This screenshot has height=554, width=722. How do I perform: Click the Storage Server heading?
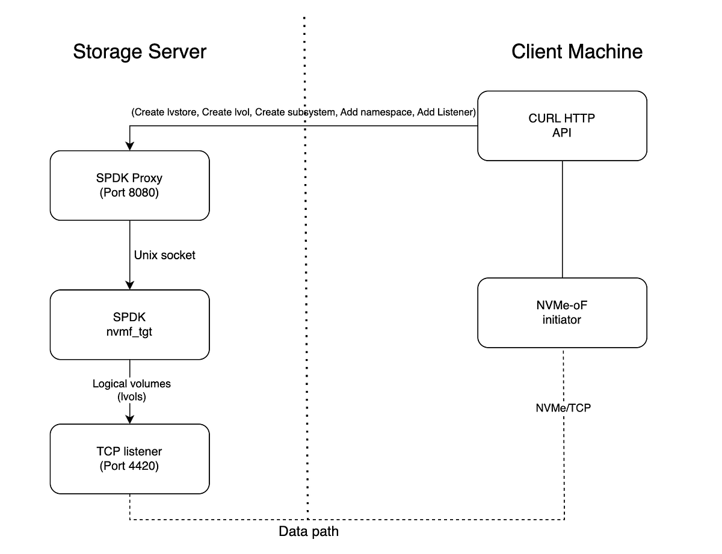140,52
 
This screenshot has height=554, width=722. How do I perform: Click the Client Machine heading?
576,52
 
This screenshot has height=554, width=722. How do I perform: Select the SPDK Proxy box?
129,185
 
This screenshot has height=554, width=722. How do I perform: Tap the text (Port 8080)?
129,194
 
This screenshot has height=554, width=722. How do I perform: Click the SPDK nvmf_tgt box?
129,324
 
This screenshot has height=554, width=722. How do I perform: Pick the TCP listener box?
129,458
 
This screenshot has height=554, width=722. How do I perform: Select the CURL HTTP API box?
562,126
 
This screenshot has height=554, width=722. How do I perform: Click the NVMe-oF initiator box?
562,313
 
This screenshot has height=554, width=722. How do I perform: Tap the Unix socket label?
164,255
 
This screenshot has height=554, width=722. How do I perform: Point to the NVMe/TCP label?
563,408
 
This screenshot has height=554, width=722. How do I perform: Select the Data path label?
308,531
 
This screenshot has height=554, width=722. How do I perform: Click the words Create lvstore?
165,112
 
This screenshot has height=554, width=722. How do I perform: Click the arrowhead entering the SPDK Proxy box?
129,146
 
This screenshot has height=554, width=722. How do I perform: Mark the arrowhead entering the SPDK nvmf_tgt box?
129,285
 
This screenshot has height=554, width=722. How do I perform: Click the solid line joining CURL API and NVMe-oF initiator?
562,220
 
